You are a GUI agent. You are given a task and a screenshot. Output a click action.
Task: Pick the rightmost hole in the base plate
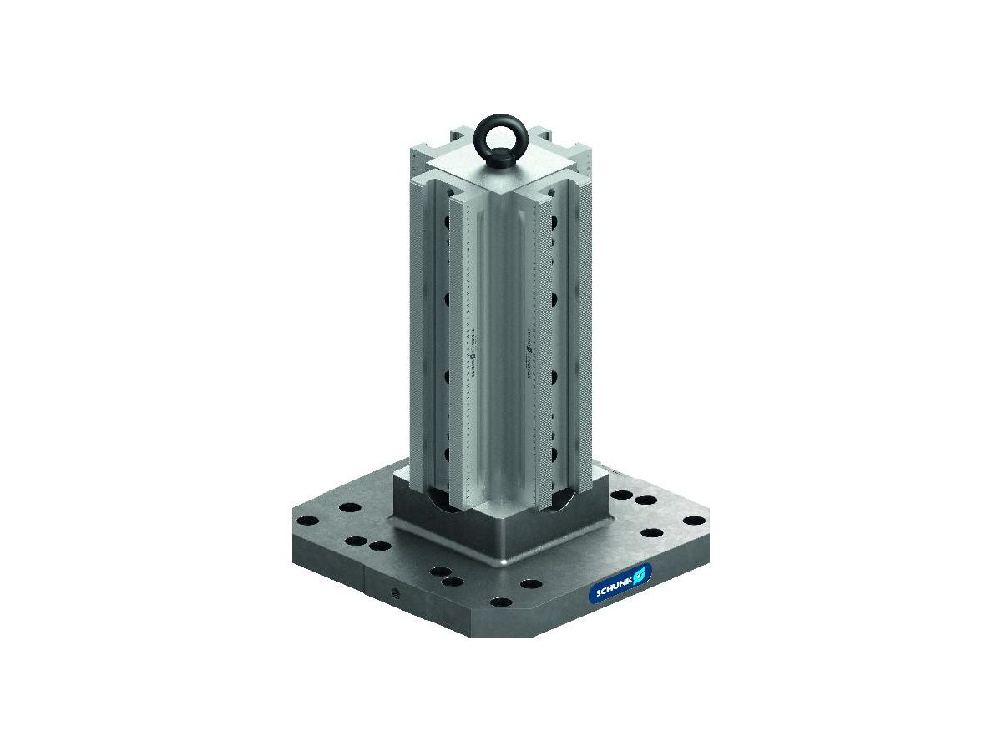coord(693,521)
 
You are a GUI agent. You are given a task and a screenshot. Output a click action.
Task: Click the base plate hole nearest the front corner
coord(500,602)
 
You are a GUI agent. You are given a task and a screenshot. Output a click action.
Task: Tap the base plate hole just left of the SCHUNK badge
coord(529,582)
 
